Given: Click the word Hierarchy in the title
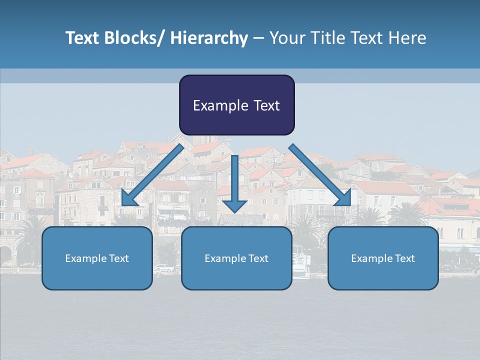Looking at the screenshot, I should (209, 38).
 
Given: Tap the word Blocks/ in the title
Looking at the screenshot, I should (136, 38).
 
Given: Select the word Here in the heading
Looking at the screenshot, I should (407, 38).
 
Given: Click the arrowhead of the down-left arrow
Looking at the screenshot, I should (129, 199).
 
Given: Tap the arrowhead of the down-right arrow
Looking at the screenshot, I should (344, 198).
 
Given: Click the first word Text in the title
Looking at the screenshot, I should (82, 38).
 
